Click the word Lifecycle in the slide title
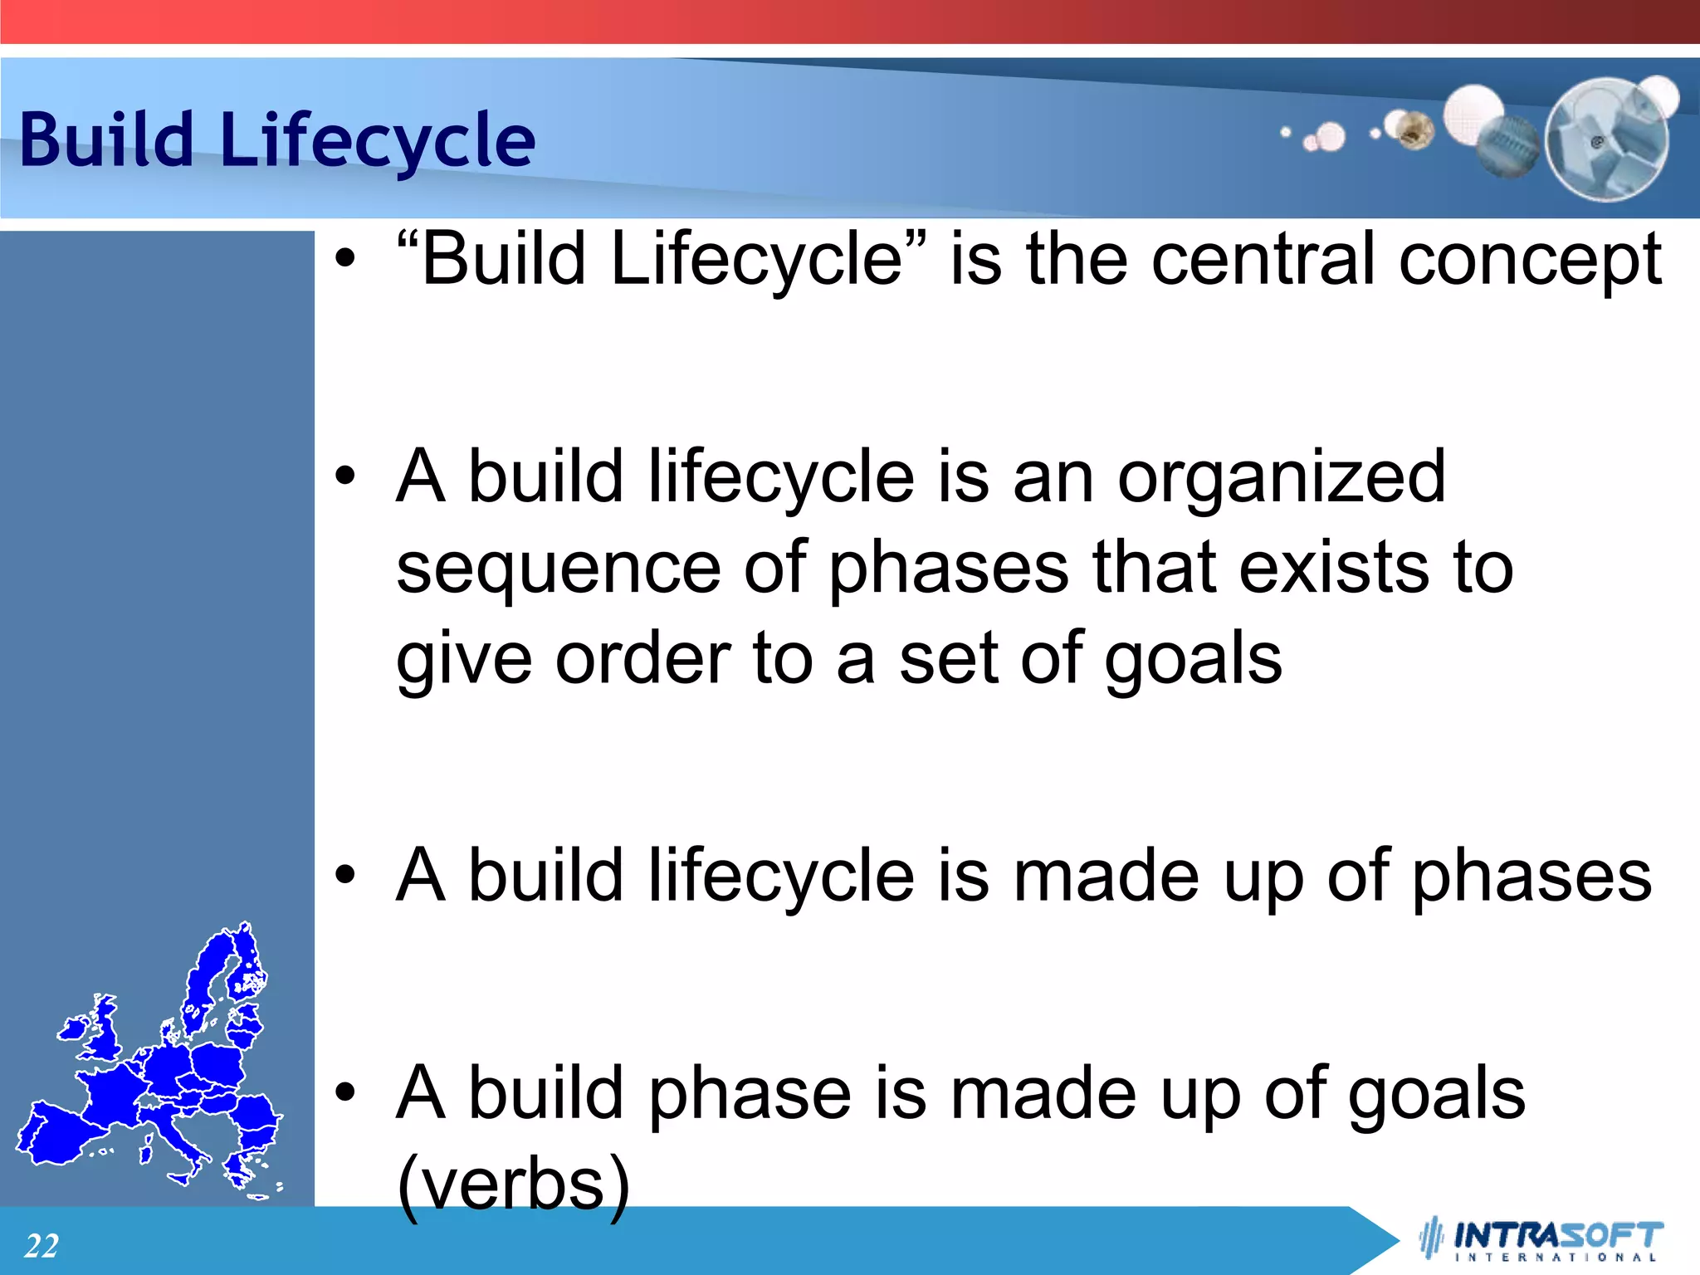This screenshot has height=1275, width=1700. click(x=378, y=141)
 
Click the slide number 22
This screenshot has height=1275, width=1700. click(x=42, y=1246)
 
